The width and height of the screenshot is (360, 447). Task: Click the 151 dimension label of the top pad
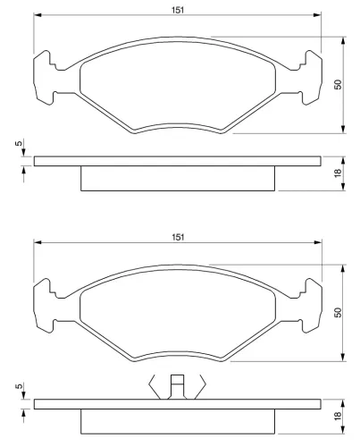178,10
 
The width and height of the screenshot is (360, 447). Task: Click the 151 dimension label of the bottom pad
178,237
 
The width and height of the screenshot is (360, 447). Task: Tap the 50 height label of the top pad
338,84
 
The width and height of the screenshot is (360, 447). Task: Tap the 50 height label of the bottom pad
338,312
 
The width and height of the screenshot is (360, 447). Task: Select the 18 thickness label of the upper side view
338,173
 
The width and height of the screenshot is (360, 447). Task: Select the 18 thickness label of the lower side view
338,416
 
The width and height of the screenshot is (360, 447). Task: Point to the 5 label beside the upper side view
19,143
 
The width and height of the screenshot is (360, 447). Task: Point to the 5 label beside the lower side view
19,386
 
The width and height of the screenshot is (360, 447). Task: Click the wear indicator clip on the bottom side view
177,386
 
